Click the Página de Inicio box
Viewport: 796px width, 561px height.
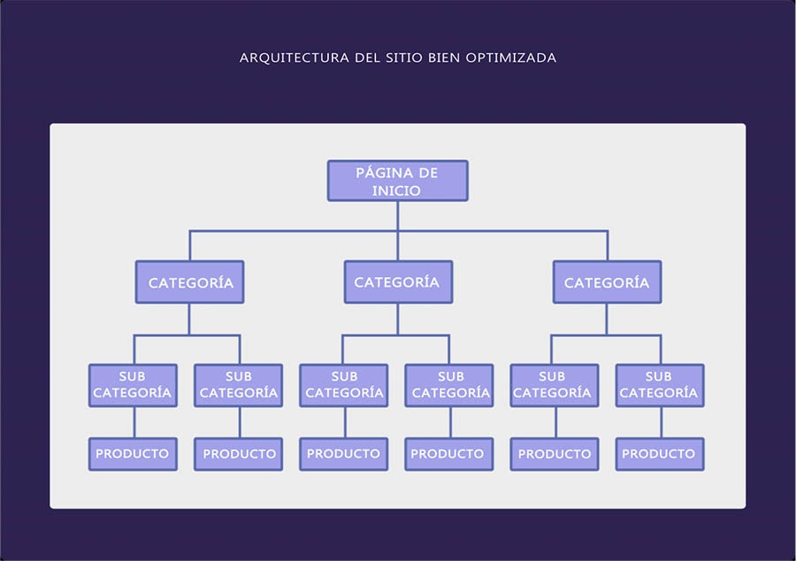pyautogui.click(x=397, y=181)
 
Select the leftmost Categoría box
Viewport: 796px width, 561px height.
pyautogui.click(x=189, y=282)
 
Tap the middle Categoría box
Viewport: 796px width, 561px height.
pyautogui.click(x=397, y=282)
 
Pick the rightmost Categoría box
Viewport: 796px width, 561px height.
pyautogui.click(x=607, y=282)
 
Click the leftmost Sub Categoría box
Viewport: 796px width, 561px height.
pyautogui.click(x=133, y=385)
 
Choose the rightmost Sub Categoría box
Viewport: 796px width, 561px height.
pyautogui.click(x=659, y=385)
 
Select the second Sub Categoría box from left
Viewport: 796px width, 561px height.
pyautogui.click(x=238, y=385)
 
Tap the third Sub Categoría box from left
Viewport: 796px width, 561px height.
pyautogui.click(x=344, y=385)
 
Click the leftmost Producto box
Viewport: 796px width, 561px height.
pyautogui.click(x=133, y=454)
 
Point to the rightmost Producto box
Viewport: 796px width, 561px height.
pyautogui.click(x=659, y=454)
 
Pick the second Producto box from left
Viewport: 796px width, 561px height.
pyautogui.click(x=239, y=454)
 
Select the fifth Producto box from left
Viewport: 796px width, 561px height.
pyautogui.click(x=555, y=454)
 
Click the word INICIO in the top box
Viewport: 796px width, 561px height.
pyautogui.click(x=396, y=190)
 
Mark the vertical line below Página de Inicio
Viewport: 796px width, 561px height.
pyautogui.click(x=397, y=216)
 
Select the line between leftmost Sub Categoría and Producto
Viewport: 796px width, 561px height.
pyautogui.click(x=134, y=422)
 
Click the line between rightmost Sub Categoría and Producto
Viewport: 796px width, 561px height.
pyautogui.click(x=660, y=422)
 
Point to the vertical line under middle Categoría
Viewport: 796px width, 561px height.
pyautogui.click(x=397, y=319)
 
